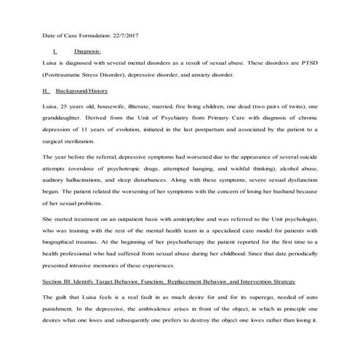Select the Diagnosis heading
coord(87,52)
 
